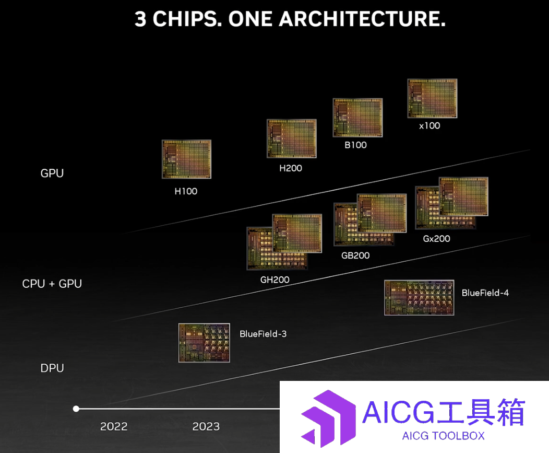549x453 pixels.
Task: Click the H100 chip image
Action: click(186, 159)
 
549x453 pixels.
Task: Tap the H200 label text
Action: click(291, 168)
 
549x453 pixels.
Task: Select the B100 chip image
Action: click(357, 118)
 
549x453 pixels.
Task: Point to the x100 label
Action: click(429, 125)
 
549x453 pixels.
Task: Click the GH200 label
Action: click(275, 280)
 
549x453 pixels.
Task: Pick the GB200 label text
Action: click(355, 255)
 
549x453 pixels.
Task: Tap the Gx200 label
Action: click(437, 238)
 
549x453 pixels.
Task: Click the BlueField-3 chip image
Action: click(204, 343)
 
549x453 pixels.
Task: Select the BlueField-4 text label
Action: click(485, 293)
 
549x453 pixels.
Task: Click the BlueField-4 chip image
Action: click(419, 297)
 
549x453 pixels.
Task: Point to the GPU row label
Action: click(52, 173)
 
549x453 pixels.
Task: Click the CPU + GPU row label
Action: click(52, 283)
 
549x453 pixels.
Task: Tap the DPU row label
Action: click(52, 368)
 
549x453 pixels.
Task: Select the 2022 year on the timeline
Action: click(114, 426)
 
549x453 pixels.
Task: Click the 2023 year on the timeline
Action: click(206, 426)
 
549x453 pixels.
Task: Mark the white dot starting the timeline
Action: click(76, 409)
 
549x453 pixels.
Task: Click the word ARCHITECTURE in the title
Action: click(362, 19)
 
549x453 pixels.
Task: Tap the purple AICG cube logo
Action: click(328, 419)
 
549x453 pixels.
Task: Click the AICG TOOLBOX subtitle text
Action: click(443, 436)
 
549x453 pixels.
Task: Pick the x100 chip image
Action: click(433, 98)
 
